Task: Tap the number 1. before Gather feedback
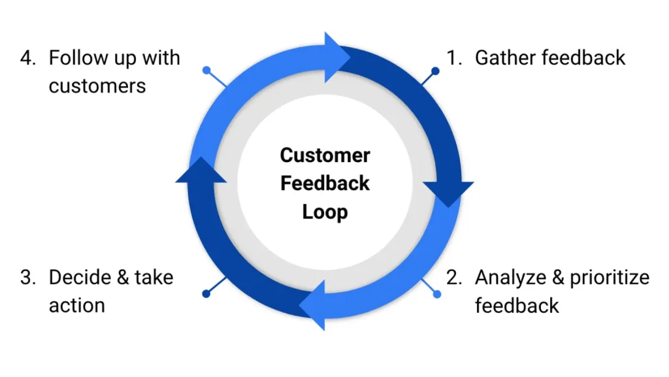tap(454, 57)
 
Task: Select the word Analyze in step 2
tap(512, 277)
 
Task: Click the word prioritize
tap(609, 278)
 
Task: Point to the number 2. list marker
tap(454, 277)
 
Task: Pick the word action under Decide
tap(76, 304)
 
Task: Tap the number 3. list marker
tap(28, 277)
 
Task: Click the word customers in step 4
tap(97, 86)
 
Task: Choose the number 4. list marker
tap(28, 57)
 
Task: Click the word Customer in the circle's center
tap(325, 156)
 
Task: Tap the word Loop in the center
tap(325, 212)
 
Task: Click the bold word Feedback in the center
tap(325, 184)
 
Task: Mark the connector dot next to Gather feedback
tap(435, 71)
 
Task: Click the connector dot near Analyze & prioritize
tap(436, 294)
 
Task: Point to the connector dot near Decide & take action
tap(206, 294)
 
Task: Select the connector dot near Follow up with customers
tap(207, 70)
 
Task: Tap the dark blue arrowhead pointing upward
tap(201, 172)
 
